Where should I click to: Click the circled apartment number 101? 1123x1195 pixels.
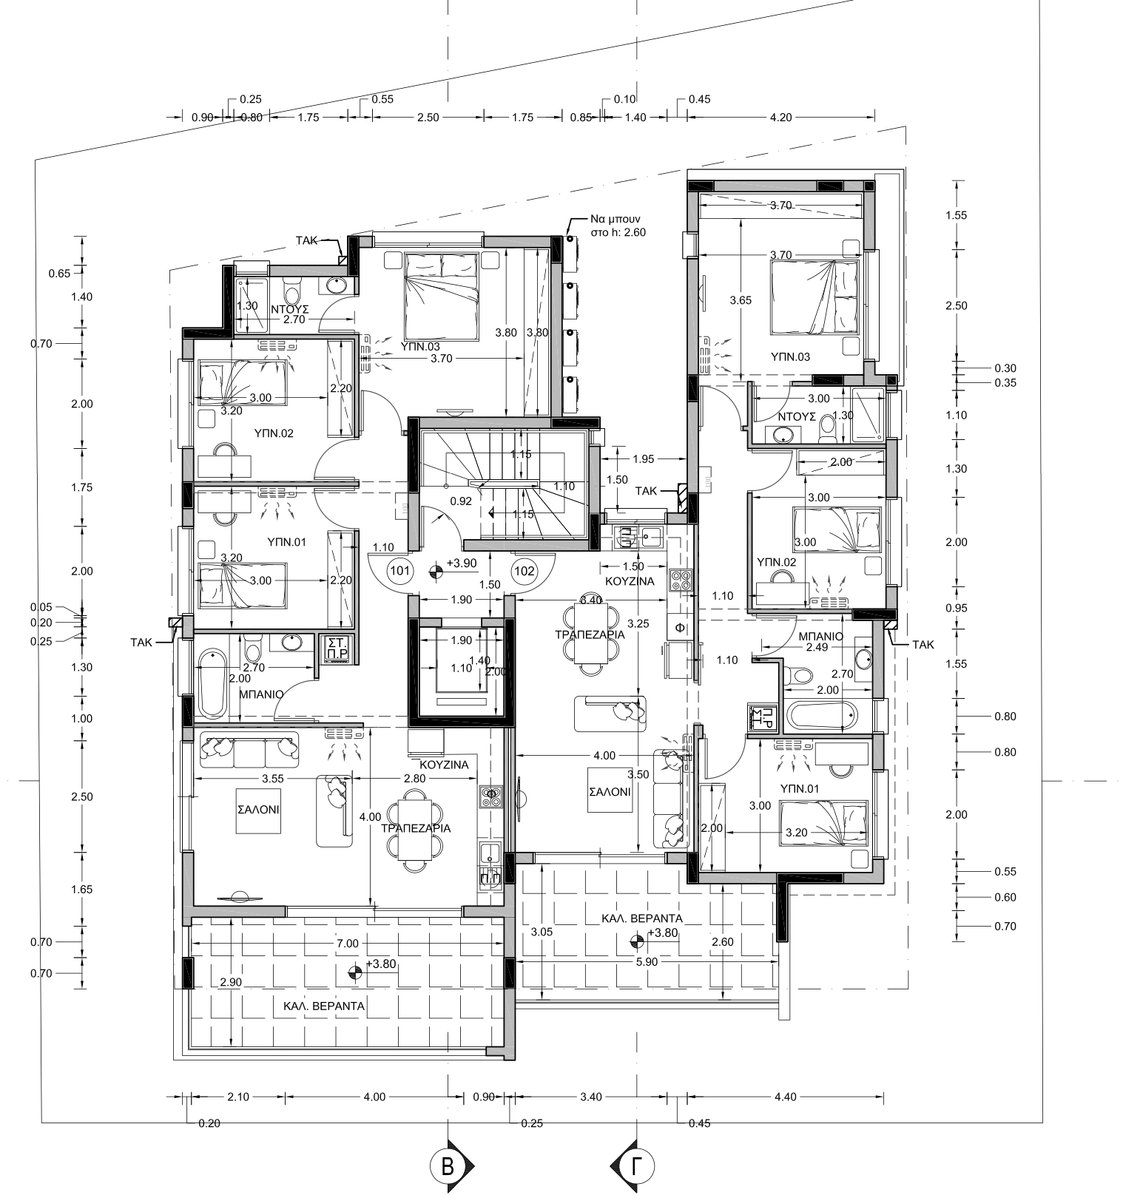pos(399,570)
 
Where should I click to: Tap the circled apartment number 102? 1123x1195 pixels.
pos(525,570)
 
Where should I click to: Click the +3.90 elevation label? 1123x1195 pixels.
pos(464,563)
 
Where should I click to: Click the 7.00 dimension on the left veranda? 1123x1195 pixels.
pos(347,943)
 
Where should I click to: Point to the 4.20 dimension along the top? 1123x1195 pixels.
pos(780,117)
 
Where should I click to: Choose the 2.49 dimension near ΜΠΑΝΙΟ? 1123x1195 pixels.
pos(817,648)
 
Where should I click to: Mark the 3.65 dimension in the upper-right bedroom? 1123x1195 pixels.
pos(741,300)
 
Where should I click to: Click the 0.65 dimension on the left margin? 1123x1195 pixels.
pos(59,274)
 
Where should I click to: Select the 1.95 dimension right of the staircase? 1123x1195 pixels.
pos(644,459)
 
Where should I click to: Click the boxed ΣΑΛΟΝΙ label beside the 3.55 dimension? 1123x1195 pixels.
pos(258,810)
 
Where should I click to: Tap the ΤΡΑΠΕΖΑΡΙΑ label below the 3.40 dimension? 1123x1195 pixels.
pos(590,634)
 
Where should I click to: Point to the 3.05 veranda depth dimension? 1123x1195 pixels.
pos(542,932)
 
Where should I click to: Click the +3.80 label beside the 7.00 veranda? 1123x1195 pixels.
pos(382,964)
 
